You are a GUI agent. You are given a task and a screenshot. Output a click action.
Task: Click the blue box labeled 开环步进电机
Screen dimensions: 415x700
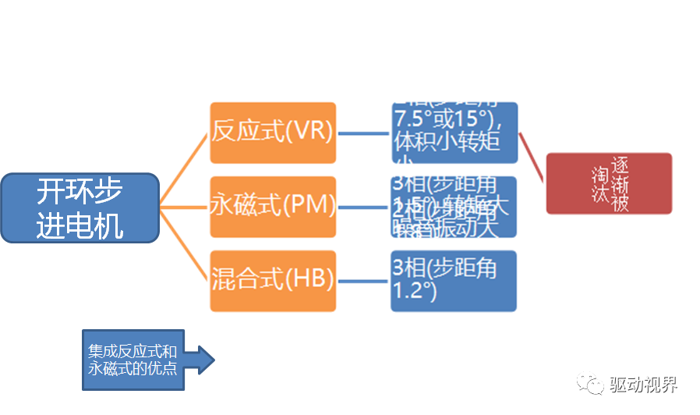80,207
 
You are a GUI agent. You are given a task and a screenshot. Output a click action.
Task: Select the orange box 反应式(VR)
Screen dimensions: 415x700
273,133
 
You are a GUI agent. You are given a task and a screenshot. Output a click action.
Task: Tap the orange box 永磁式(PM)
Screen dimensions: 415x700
273,207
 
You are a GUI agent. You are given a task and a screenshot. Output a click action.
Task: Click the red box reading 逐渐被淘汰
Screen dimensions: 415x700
608,183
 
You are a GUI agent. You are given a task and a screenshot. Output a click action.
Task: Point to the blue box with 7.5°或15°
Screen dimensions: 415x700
454,133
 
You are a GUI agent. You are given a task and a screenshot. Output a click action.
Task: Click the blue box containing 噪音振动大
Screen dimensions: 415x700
454,207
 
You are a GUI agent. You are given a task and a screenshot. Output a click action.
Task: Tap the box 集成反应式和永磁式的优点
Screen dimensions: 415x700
133,360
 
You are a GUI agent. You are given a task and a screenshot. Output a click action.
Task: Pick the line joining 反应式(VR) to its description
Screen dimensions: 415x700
363,133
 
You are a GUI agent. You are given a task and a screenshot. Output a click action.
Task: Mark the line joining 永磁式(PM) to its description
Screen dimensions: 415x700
363,207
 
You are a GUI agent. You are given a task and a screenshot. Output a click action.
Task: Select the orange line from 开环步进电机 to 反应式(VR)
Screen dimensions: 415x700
185,169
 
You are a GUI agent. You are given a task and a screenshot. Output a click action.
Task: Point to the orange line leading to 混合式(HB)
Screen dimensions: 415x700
185,245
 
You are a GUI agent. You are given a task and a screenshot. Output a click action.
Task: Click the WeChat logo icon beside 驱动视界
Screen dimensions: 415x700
590,385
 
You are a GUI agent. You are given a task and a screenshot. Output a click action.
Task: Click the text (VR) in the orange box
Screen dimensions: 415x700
309,132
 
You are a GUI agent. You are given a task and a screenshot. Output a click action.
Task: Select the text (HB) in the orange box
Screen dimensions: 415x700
309,280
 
